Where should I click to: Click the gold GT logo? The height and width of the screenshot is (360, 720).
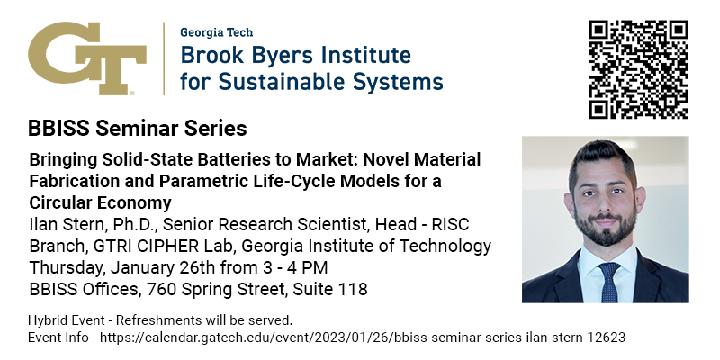point(87,58)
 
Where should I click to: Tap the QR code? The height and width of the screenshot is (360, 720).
point(639,69)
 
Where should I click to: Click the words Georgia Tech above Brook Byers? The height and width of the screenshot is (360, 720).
point(216,32)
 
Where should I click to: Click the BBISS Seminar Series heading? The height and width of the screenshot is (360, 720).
point(138,129)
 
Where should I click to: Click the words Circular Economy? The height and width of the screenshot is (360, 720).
point(100,202)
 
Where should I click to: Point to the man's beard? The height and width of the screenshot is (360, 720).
point(606,224)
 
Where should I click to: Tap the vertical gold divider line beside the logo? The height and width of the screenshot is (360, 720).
point(164,58)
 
